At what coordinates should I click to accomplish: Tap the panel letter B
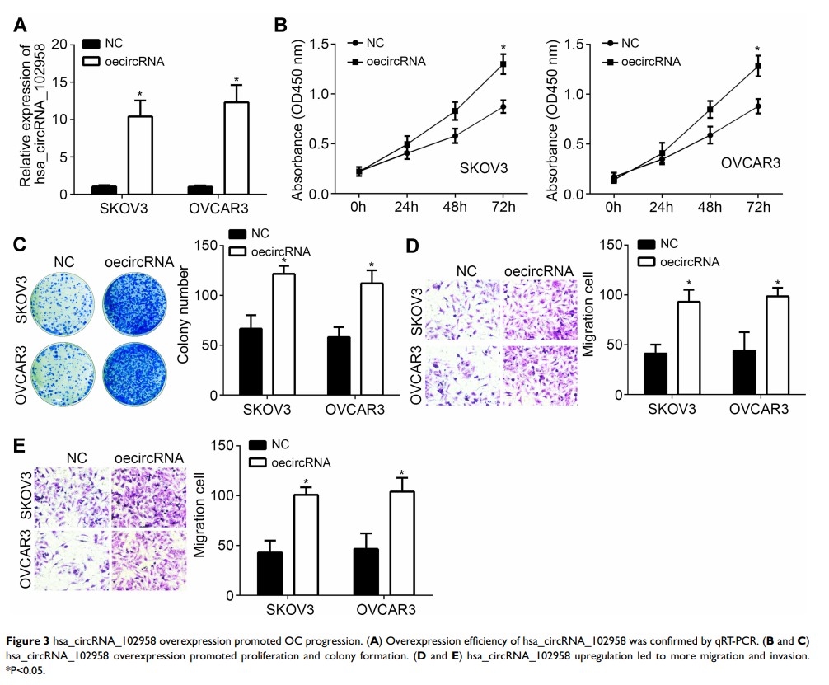pos(280,25)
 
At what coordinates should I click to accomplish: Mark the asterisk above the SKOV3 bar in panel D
pos(689,283)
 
